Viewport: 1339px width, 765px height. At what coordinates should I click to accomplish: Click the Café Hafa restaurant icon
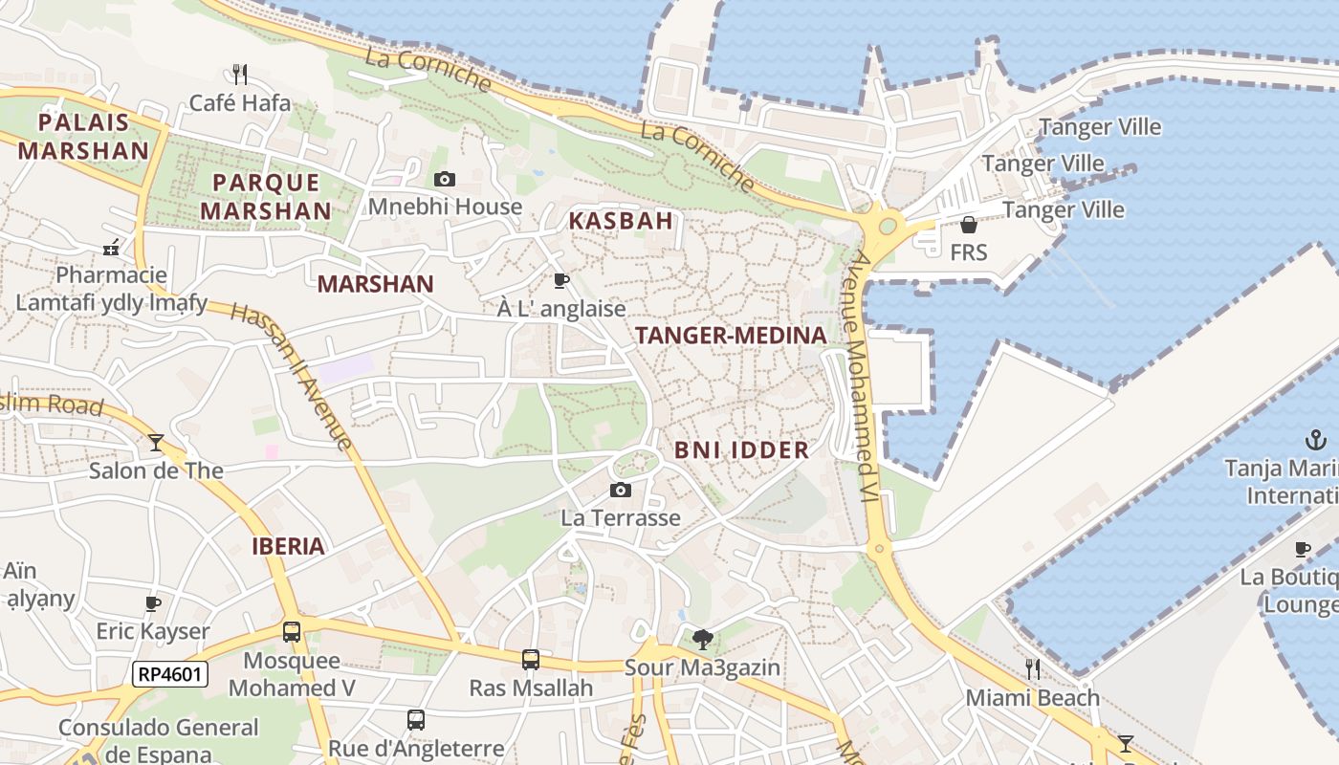coord(240,74)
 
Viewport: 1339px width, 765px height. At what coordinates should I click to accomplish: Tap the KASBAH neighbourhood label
coord(622,221)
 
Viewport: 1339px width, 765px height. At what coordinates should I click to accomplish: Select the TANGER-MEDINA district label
coord(731,336)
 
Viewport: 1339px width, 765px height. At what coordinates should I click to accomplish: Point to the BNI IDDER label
coord(742,449)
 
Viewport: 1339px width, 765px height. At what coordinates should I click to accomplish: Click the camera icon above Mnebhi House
coord(445,179)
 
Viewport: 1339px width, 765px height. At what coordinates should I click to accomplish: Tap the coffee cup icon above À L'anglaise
coord(561,280)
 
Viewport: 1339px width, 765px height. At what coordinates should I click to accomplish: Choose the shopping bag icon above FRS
coord(969,225)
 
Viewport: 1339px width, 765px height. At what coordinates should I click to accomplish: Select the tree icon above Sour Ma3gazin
coord(702,638)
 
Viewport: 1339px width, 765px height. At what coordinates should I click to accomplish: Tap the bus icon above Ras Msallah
coord(531,659)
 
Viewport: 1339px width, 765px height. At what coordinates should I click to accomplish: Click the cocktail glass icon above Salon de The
coord(156,442)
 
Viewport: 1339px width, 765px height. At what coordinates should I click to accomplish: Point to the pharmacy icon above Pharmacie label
coord(112,248)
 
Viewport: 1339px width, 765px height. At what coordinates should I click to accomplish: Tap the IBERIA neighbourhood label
coord(288,547)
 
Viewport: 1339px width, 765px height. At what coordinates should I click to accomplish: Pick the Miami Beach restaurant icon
coord(1033,668)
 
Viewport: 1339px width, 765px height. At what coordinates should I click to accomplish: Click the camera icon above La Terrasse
coord(621,491)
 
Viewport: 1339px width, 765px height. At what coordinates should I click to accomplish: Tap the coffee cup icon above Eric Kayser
coord(153,603)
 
